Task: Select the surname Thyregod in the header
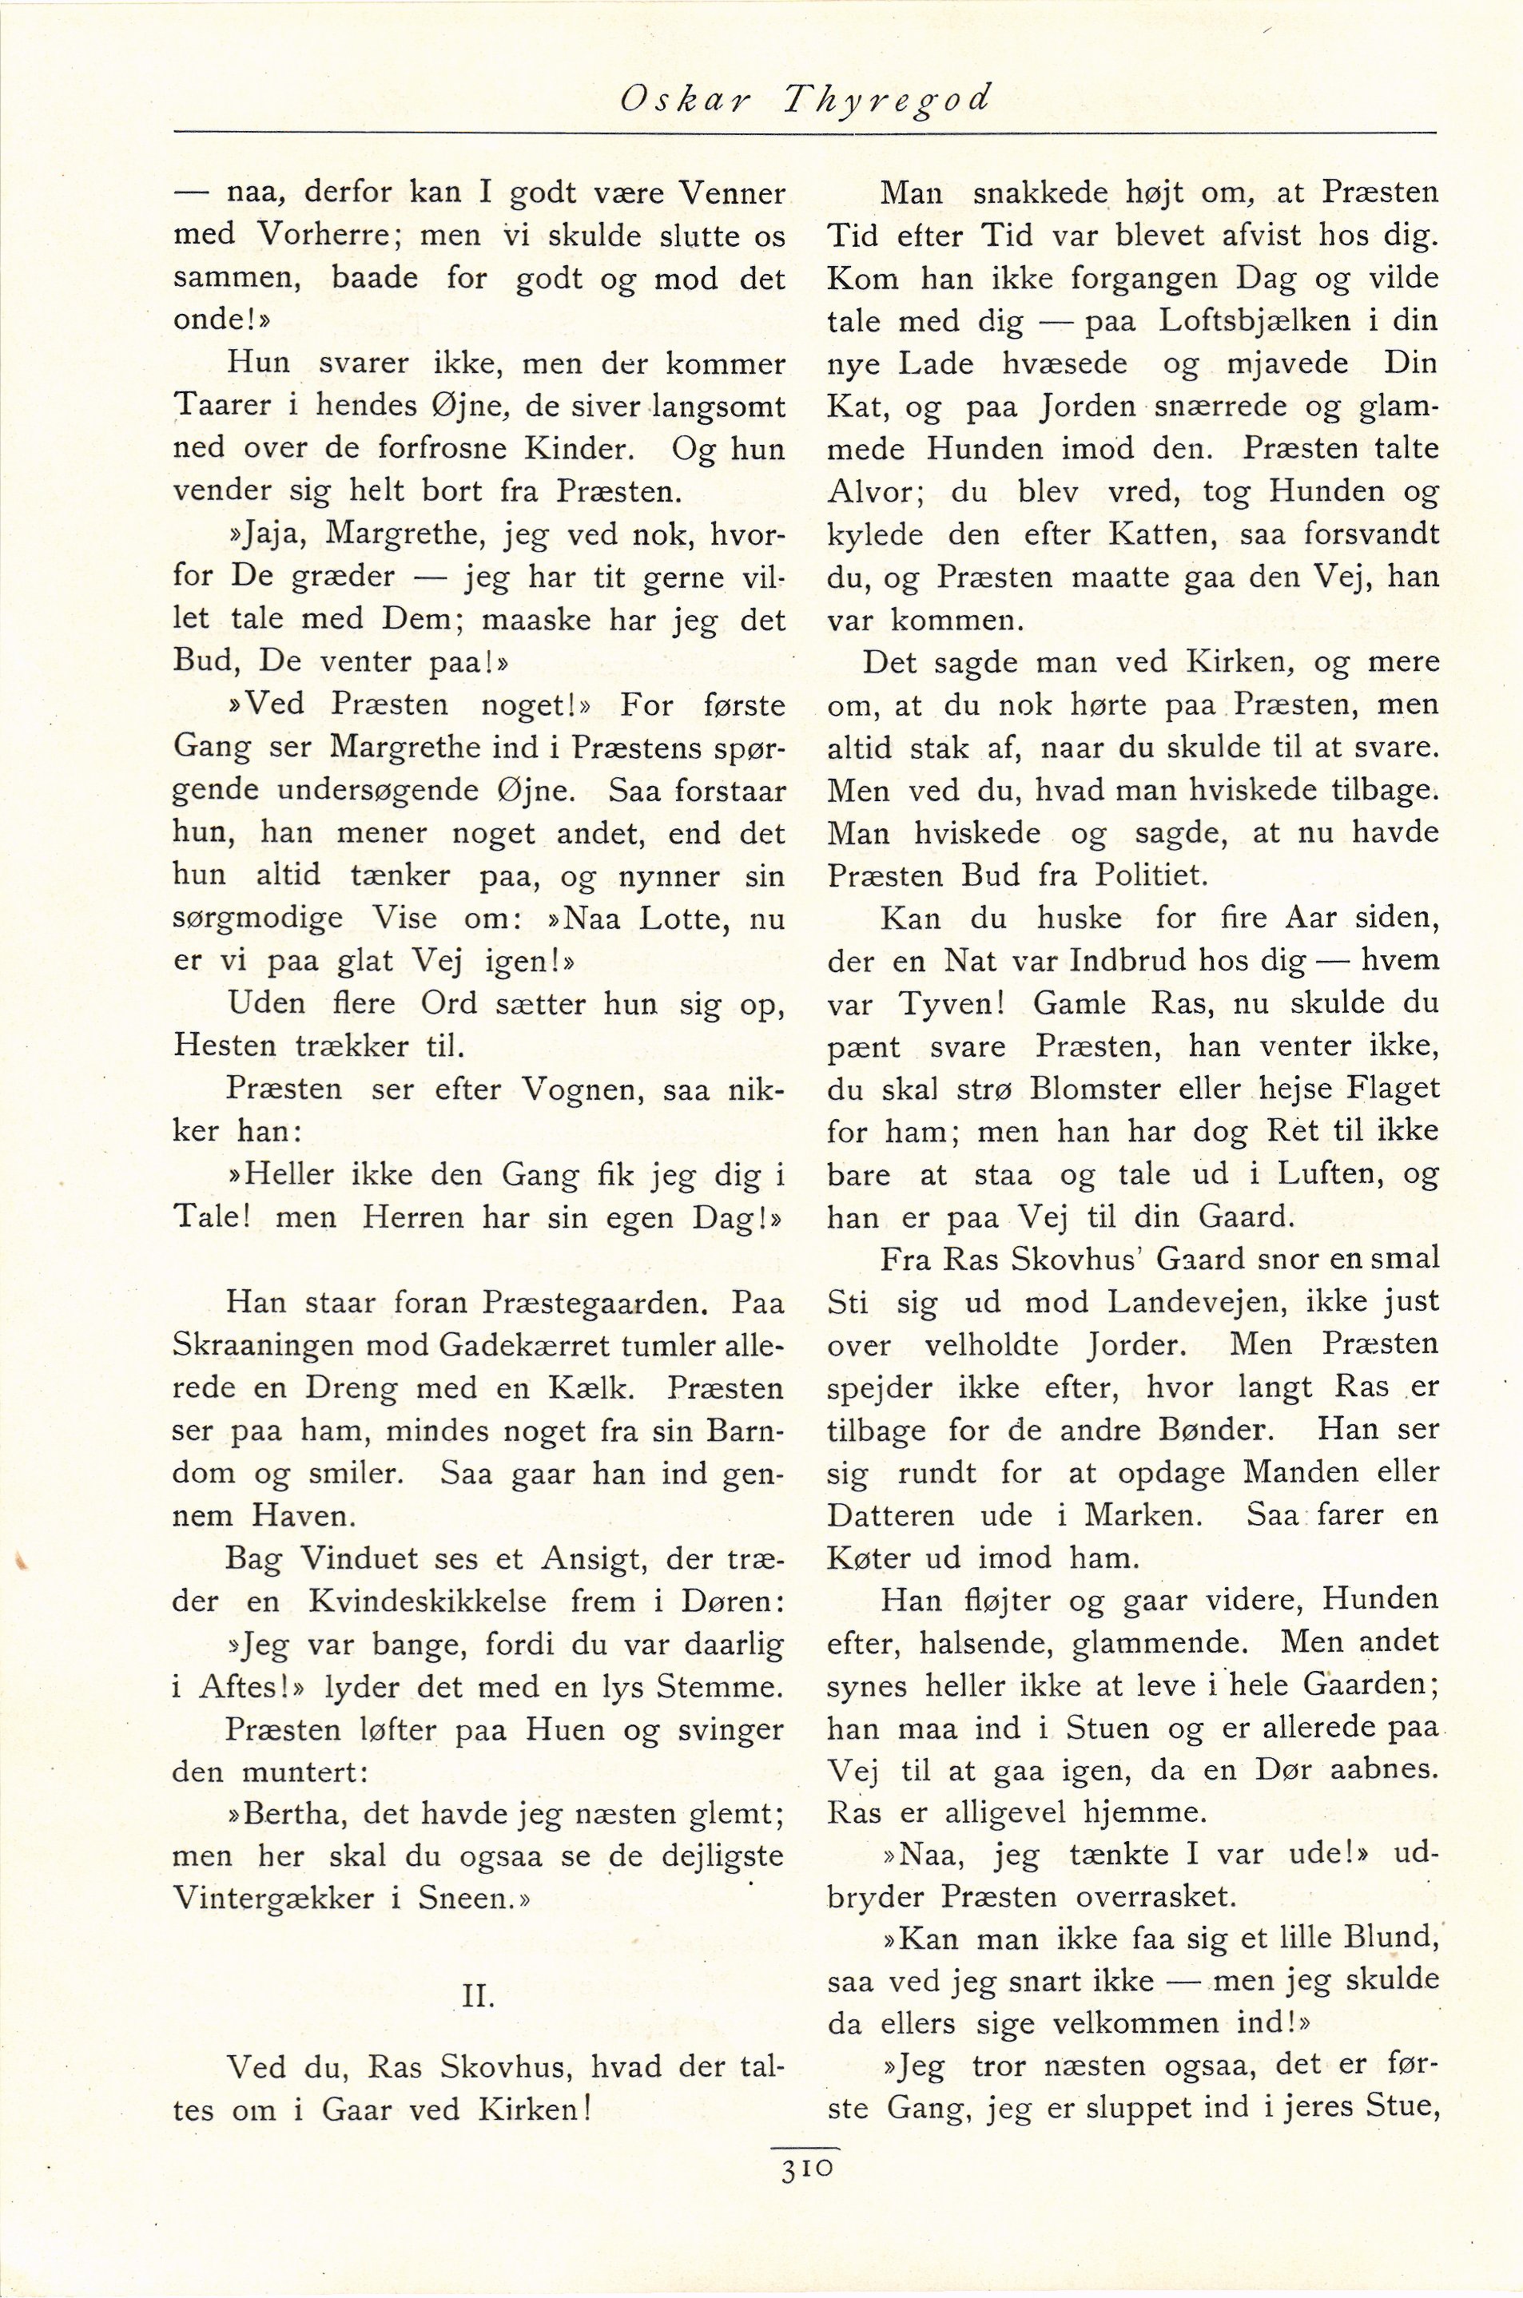click(x=889, y=100)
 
